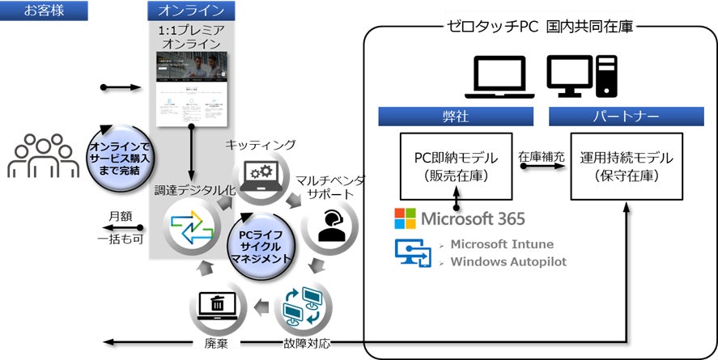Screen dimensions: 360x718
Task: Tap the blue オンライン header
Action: (191, 11)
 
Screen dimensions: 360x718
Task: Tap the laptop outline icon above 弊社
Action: (499, 78)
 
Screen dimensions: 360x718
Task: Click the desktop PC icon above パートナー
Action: (581, 78)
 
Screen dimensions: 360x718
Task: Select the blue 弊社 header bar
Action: (458, 116)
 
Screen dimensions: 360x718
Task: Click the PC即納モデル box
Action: (457, 166)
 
